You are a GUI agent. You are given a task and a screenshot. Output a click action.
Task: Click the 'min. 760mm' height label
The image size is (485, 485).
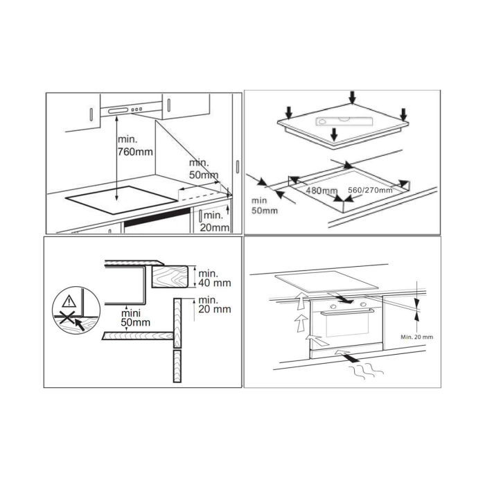click(x=132, y=144)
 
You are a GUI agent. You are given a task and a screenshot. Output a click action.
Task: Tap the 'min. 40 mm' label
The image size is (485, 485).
click(x=214, y=278)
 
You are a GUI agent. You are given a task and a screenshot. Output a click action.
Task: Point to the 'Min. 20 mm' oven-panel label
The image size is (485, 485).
click(x=417, y=337)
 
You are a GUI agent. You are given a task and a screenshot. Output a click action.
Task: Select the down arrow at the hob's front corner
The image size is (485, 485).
click(x=334, y=134)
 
